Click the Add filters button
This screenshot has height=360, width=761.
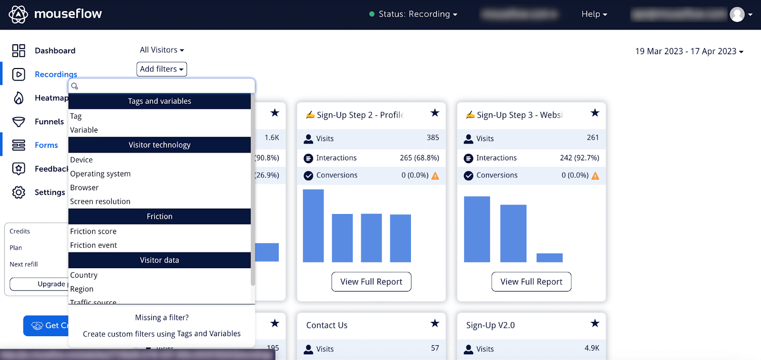click(x=161, y=69)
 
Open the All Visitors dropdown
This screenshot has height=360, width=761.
click(x=162, y=50)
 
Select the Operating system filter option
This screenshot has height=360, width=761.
click(x=100, y=174)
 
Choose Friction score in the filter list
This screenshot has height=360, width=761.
click(x=93, y=231)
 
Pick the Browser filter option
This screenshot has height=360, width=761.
click(x=84, y=187)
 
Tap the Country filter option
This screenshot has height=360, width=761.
click(x=84, y=275)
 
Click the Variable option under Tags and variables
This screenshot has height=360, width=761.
click(x=84, y=130)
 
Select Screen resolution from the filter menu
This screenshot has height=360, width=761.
click(x=100, y=201)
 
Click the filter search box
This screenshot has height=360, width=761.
click(x=162, y=86)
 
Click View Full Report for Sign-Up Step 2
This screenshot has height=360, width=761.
click(x=371, y=282)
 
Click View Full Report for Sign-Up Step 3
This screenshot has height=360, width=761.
click(x=531, y=282)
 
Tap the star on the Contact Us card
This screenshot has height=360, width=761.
click(x=435, y=323)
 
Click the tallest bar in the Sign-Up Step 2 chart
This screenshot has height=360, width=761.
click(x=313, y=225)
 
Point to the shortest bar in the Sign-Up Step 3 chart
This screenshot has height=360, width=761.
click(x=549, y=258)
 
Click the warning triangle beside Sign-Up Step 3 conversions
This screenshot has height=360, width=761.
click(x=595, y=175)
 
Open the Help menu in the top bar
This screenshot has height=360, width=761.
click(x=594, y=14)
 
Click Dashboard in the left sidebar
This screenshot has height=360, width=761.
click(x=55, y=50)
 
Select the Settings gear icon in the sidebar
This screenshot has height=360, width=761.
click(x=19, y=192)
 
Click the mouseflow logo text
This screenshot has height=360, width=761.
click(x=68, y=14)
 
